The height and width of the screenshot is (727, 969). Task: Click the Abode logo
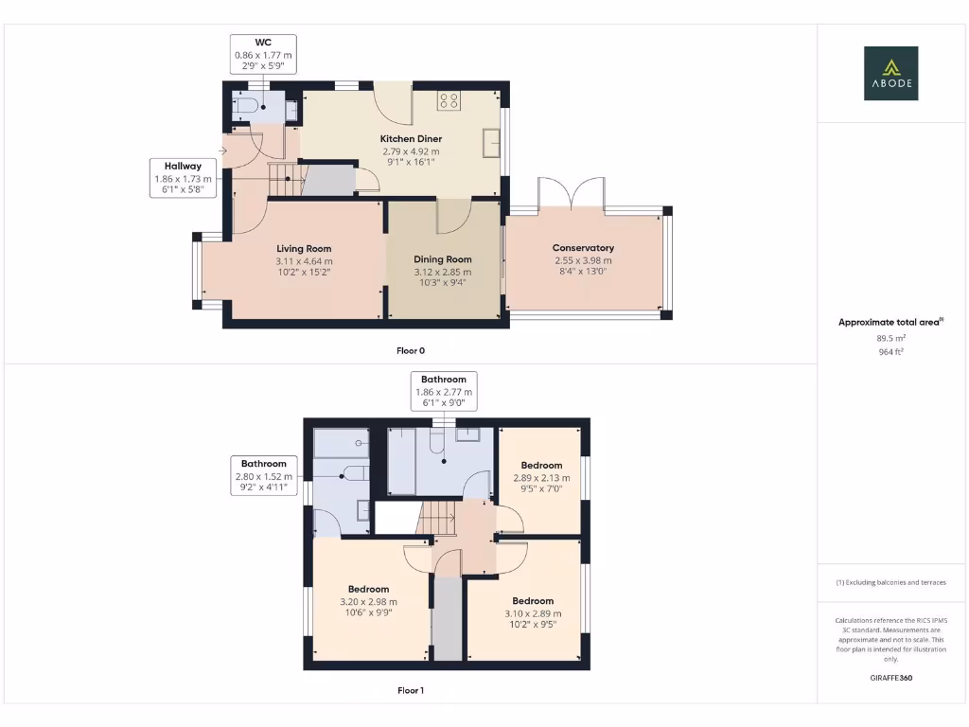pyautogui.click(x=890, y=73)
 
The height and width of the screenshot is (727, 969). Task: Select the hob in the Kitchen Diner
pyautogui.click(x=448, y=100)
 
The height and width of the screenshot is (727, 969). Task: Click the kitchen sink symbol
pyautogui.click(x=491, y=143)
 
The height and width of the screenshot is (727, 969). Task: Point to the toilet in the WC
pyautogui.click(x=244, y=106)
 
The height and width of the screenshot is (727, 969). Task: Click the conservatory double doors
pyautogui.click(x=571, y=192)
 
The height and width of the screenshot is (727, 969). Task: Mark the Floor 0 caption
pyautogui.click(x=411, y=350)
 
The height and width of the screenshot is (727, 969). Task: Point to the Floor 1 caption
pyautogui.click(x=411, y=690)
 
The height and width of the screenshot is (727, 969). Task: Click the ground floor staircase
pyautogui.click(x=285, y=179)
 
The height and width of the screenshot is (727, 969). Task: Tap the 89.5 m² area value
pyautogui.click(x=890, y=337)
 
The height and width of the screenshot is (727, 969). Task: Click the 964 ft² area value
pyautogui.click(x=890, y=350)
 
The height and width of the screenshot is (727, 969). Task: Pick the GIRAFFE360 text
pyautogui.click(x=890, y=678)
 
